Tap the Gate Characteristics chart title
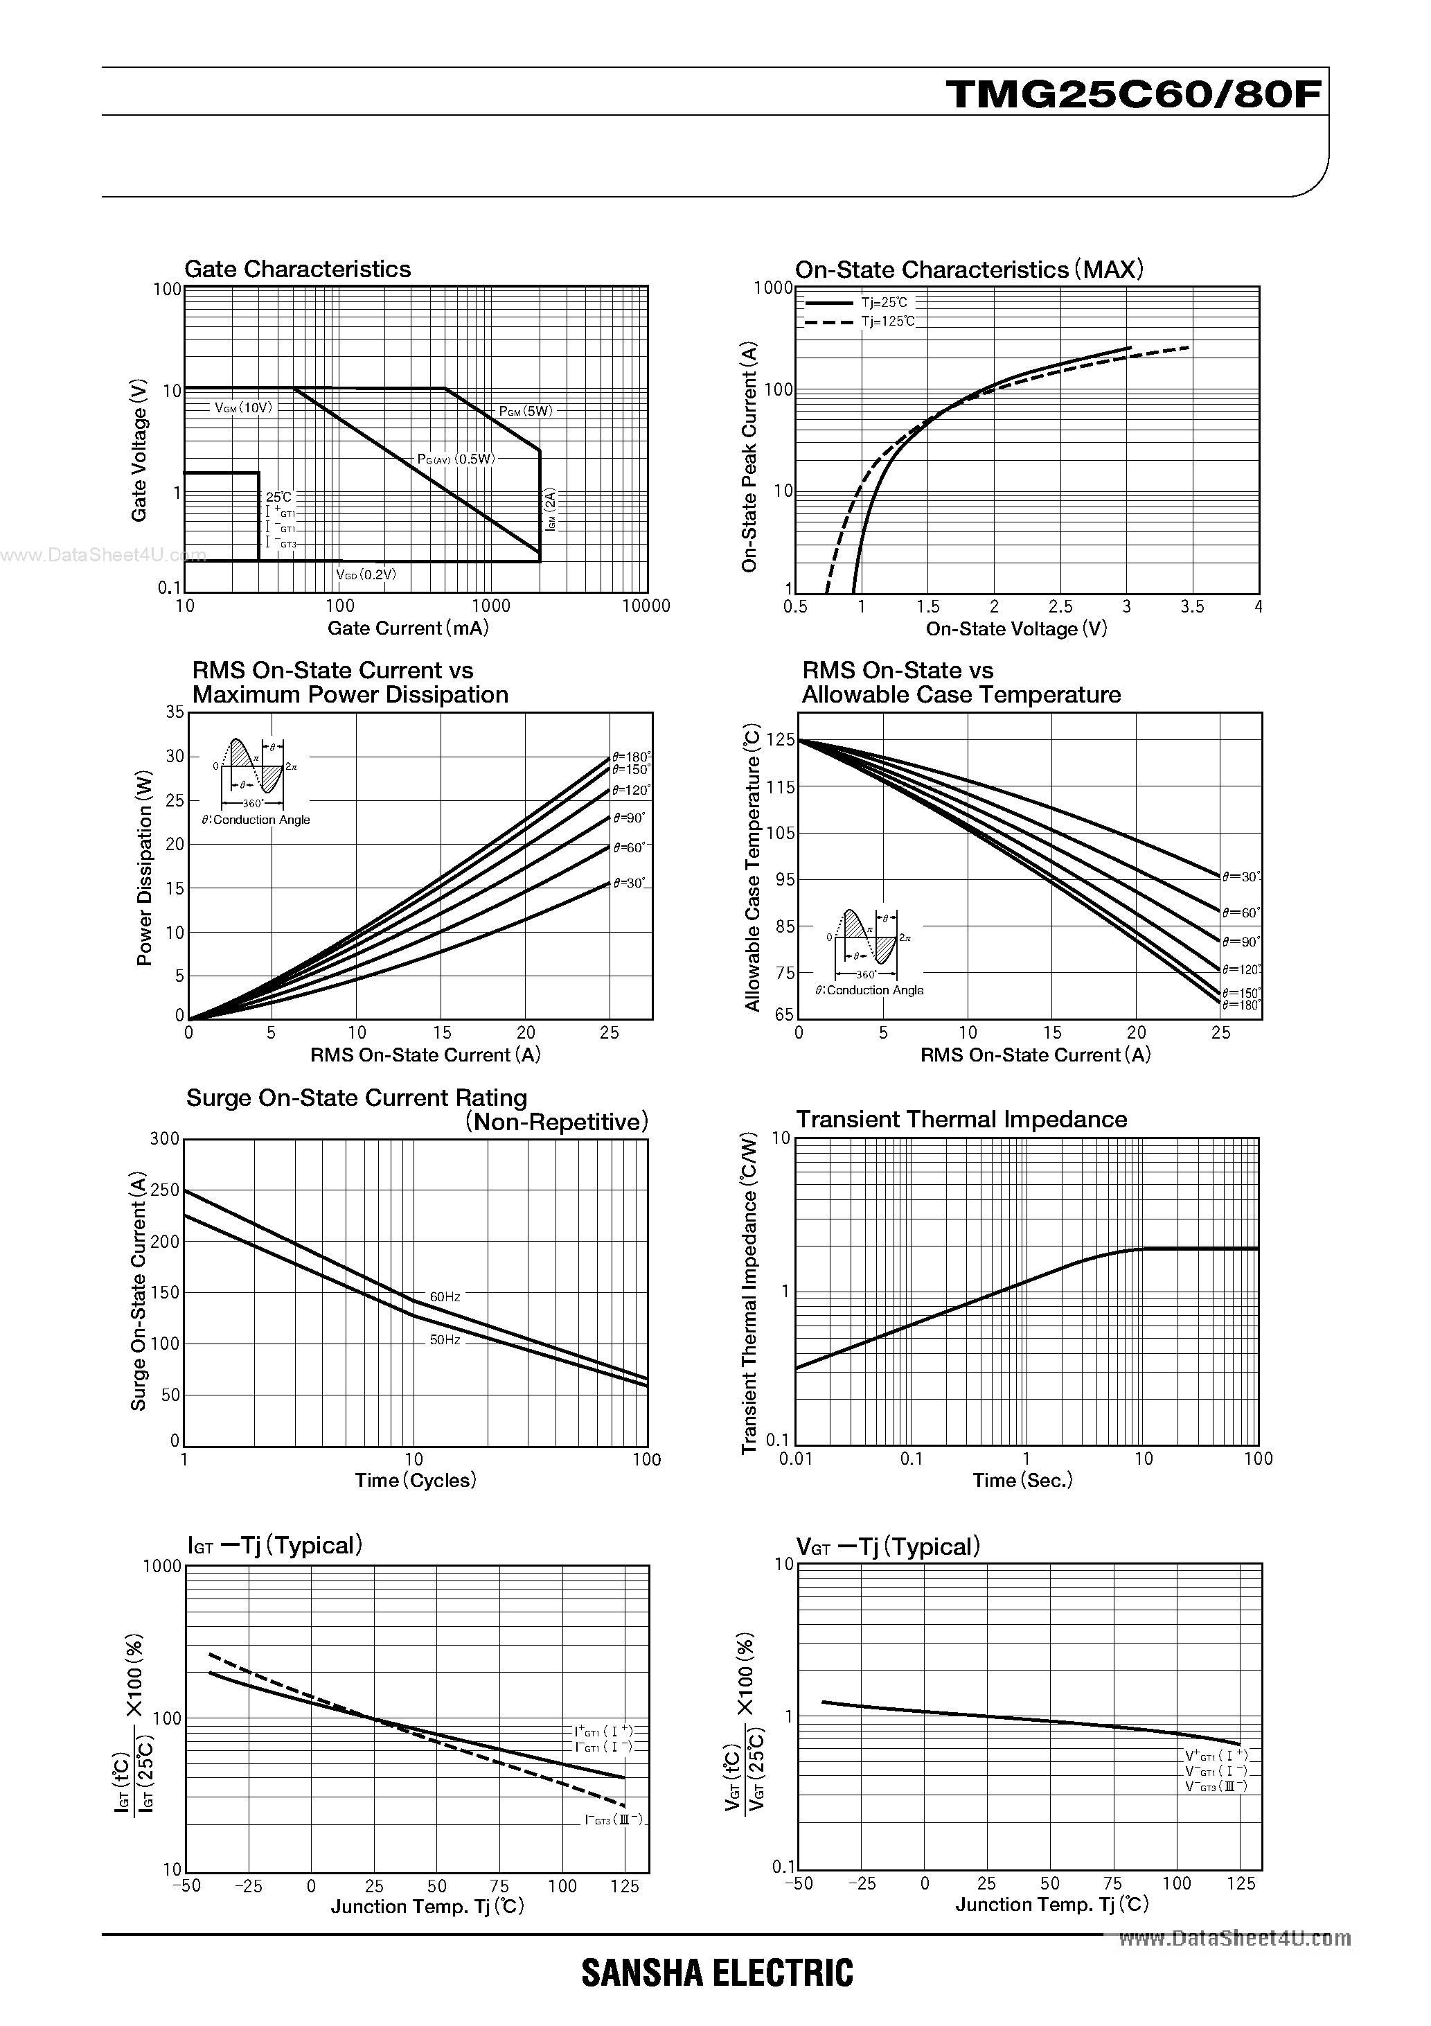[297, 269]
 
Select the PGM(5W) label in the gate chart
[526, 410]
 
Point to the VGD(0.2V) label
[366, 574]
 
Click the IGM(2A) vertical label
[551, 510]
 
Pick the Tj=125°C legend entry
[889, 321]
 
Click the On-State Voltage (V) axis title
[1016, 629]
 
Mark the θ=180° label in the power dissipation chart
[632, 756]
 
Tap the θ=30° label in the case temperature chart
[1241, 877]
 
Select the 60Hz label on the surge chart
[445, 1296]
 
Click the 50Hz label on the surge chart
[445, 1339]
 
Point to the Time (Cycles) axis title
[416, 1480]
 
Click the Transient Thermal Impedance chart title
[961, 1119]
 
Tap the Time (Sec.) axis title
[1022, 1480]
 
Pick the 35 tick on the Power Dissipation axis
[175, 712]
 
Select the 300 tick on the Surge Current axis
[165, 1138]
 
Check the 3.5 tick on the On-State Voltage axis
[1192, 606]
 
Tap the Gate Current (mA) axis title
[407, 628]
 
